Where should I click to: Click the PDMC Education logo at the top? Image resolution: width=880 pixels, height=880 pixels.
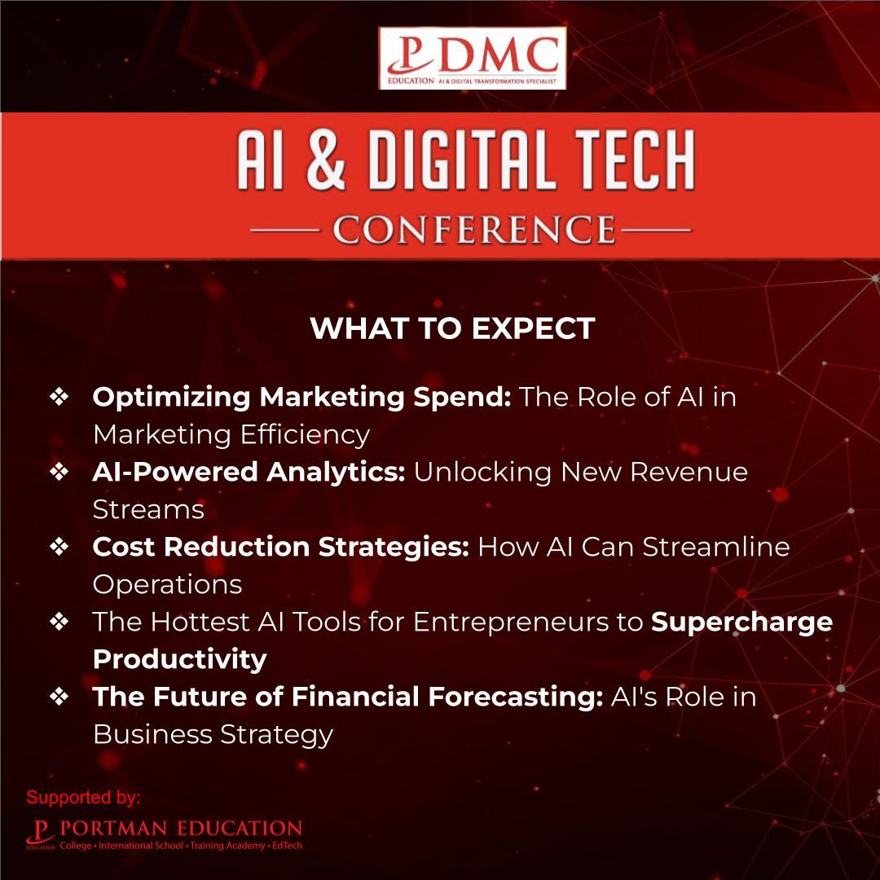point(472,59)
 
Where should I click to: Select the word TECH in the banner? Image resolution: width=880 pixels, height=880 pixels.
point(634,160)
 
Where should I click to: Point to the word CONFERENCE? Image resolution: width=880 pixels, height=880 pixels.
point(473,230)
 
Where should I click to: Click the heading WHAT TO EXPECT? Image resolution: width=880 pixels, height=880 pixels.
point(452,329)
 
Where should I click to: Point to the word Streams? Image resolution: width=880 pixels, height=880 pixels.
point(148,509)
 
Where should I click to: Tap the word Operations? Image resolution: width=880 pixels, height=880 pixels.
point(167,584)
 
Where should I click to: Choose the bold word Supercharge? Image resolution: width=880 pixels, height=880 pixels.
point(741,622)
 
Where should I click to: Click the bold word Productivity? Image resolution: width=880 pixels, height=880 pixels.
point(179,658)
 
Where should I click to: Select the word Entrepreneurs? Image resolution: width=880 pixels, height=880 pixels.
point(519,622)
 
